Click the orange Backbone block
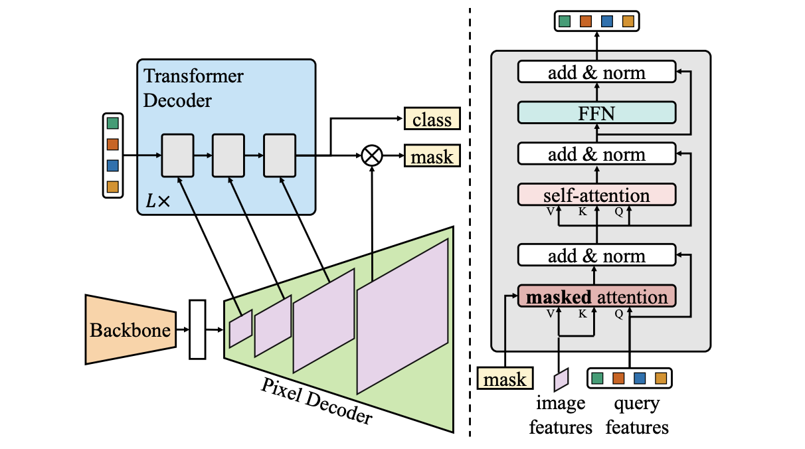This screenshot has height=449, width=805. pyautogui.click(x=130, y=329)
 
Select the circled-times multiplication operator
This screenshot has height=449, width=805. pyautogui.click(x=372, y=156)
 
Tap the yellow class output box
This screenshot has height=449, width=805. pyautogui.click(x=432, y=120)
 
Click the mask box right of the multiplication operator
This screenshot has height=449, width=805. pyautogui.click(x=432, y=157)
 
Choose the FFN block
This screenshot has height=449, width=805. pyautogui.click(x=596, y=113)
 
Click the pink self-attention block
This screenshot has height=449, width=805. pyautogui.click(x=596, y=195)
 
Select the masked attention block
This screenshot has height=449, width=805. pyautogui.click(x=596, y=296)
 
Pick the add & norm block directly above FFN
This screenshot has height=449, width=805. pyautogui.click(x=596, y=72)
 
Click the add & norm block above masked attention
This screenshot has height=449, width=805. pyautogui.click(x=596, y=256)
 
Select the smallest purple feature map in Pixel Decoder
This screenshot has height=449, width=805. pyautogui.click(x=240, y=329)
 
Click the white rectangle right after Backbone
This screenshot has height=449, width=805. pyautogui.click(x=197, y=329)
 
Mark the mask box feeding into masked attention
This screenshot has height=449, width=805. pyautogui.click(x=505, y=379)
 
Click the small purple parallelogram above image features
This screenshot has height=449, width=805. pyautogui.click(x=561, y=379)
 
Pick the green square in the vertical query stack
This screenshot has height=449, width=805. pyautogui.click(x=112, y=123)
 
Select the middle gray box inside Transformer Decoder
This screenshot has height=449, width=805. pyautogui.click(x=228, y=155)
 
